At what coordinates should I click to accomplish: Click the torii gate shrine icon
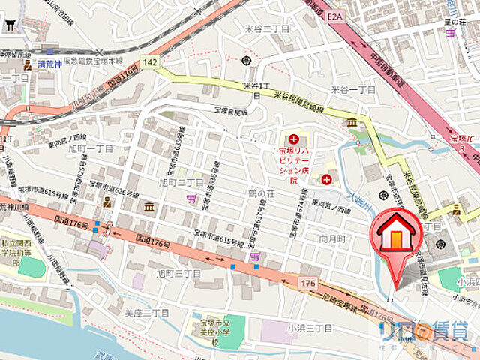coord(10,25)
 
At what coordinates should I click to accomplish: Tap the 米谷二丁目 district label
coord(262,28)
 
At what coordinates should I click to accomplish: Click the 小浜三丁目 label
coord(309,328)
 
